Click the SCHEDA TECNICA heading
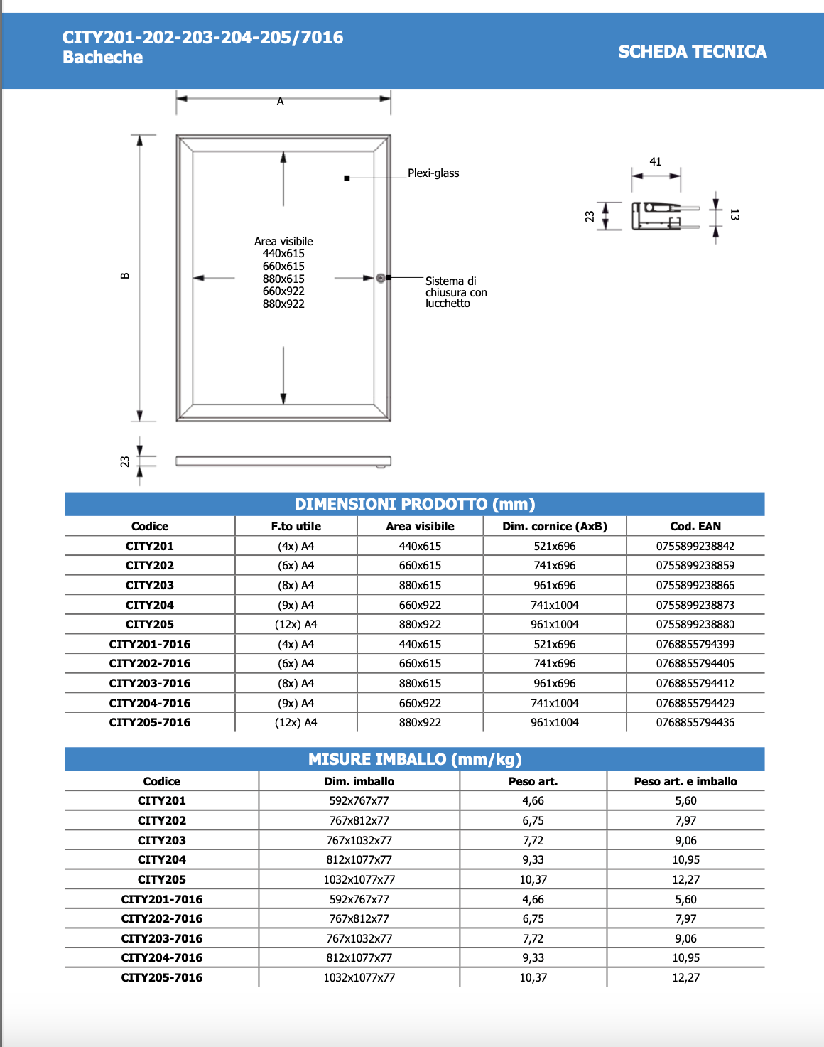[x=692, y=52]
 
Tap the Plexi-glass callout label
[x=433, y=173]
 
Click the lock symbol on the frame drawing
[x=381, y=278]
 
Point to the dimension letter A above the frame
[x=281, y=102]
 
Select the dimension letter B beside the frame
[x=125, y=276]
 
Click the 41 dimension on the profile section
[x=655, y=162]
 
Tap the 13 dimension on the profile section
[x=734, y=215]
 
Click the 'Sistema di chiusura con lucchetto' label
[x=456, y=292]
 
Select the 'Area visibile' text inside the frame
[x=283, y=242]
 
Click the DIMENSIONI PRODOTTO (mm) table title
[x=415, y=504]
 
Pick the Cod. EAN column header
[x=695, y=526]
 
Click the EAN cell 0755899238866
[x=695, y=585]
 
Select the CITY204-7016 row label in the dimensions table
[x=150, y=703]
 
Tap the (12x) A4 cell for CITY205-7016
[x=296, y=722]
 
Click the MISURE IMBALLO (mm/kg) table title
[x=415, y=759]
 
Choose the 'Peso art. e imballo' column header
[x=685, y=781]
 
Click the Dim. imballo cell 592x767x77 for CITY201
[x=359, y=800]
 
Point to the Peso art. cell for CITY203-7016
[x=533, y=938]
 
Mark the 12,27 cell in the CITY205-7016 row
[x=685, y=977]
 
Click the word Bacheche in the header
[x=103, y=58]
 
